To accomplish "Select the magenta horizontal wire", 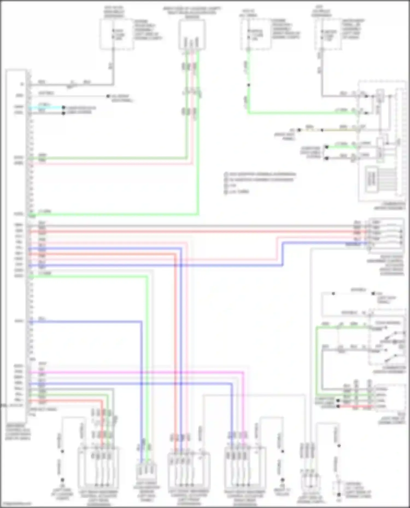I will pos(137,372).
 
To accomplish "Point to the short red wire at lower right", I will pos(355,406).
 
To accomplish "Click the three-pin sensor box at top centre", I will pos(192,35).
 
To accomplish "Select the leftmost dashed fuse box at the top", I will pos(117,34).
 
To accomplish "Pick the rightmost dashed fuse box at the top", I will pos(328,34).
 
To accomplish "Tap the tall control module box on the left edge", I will pos(16,246).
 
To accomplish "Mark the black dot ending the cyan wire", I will pos(63,108).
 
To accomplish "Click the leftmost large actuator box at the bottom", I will pos(98,468).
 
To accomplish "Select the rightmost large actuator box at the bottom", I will pos(245,468).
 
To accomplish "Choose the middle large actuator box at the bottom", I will pos(189,470).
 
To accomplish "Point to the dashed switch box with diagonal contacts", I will pos(387,341).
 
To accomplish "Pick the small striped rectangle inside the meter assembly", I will pos(371,179).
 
